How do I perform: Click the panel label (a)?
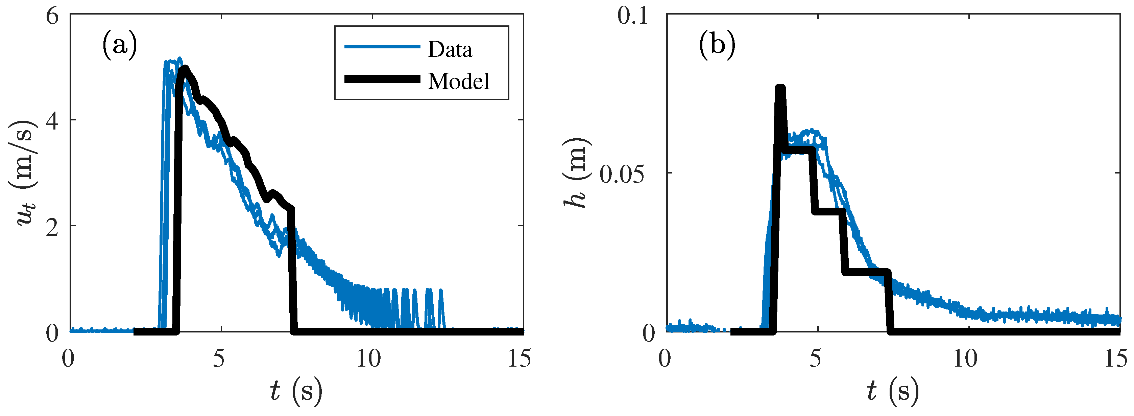(119, 45)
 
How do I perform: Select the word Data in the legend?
(450, 49)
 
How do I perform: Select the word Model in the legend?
(458, 81)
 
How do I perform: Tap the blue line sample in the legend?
(382, 47)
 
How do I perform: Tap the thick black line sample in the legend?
(382, 79)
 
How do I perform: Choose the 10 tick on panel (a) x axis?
(368, 359)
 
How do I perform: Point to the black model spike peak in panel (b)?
(780, 88)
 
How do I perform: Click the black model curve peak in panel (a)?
(185, 68)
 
